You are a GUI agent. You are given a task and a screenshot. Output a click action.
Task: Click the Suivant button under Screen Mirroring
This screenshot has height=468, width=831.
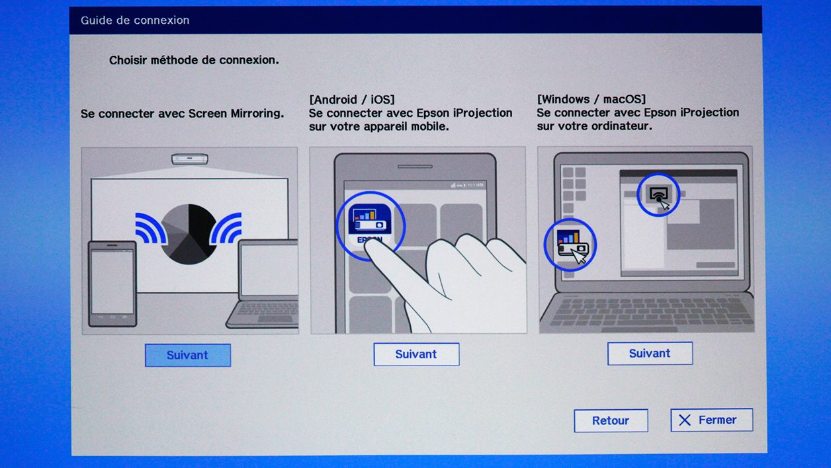click(x=188, y=355)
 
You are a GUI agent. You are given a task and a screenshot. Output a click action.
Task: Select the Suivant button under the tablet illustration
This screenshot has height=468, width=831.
click(x=416, y=354)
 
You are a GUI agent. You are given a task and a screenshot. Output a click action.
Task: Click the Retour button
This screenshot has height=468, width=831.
click(x=611, y=420)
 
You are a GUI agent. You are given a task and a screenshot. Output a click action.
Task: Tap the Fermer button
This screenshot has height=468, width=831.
click(x=711, y=420)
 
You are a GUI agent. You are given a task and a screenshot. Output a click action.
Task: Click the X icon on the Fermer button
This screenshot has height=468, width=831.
click(x=685, y=420)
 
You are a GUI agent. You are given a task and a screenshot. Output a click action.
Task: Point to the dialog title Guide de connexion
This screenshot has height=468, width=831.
click(x=135, y=20)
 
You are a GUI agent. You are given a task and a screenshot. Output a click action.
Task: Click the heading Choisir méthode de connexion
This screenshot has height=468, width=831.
click(x=194, y=60)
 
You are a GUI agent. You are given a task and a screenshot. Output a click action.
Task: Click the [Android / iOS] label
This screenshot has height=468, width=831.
click(x=352, y=99)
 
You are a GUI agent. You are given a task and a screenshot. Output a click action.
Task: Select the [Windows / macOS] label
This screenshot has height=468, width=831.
click(x=591, y=99)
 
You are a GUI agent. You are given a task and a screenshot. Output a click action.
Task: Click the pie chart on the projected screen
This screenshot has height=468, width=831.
click(x=189, y=234)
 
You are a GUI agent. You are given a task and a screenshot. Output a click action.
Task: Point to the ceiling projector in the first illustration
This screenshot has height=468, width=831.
click(x=190, y=159)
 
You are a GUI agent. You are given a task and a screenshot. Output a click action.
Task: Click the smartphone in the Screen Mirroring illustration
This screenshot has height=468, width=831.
click(x=112, y=284)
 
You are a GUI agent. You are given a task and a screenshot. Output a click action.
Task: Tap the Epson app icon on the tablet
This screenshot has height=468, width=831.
click(x=369, y=222)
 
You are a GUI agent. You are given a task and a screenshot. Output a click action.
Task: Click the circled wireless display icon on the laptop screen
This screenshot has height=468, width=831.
click(x=658, y=194)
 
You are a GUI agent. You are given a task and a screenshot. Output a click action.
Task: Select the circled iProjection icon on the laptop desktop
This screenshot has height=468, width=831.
click(x=570, y=244)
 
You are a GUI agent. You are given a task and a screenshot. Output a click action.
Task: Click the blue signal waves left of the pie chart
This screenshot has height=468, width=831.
click(x=151, y=228)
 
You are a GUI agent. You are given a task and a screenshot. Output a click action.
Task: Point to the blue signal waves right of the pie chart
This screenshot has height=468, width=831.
click(x=226, y=228)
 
